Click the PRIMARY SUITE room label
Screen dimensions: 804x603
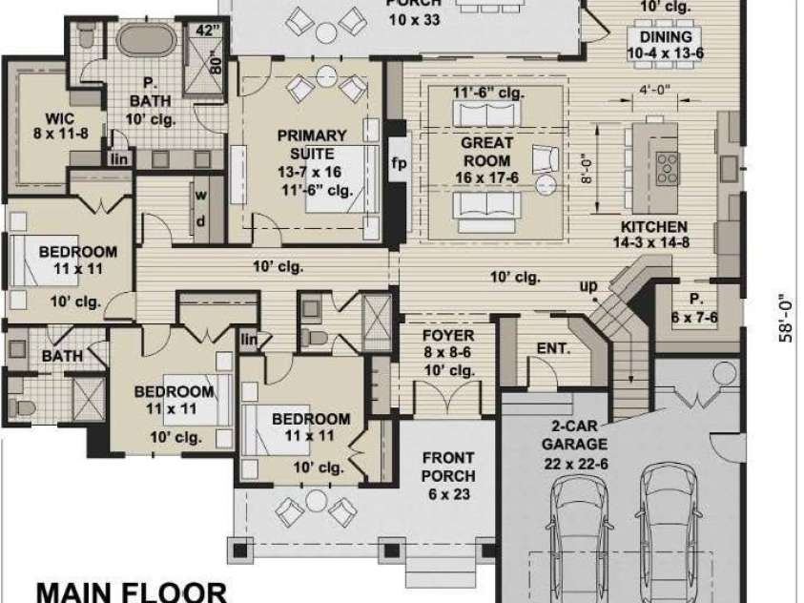(x=312, y=145)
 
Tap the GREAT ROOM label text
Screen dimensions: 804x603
(x=486, y=152)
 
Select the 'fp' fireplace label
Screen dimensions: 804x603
(x=399, y=164)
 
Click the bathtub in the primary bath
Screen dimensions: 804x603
(x=147, y=39)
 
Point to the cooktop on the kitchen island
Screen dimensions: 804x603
(x=668, y=168)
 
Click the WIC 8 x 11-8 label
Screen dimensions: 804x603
(x=60, y=126)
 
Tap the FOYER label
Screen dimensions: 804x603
(x=448, y=336)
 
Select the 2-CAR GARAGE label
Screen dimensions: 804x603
(x=574, y=435)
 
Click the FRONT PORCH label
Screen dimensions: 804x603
(x=448, y=467)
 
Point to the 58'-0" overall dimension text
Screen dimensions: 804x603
(x=786, y=318)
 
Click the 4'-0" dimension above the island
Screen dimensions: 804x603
(x=655, y=90)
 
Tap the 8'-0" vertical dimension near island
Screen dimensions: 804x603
(x=588, y=170)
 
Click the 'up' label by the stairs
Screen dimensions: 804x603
(x=588, y=286)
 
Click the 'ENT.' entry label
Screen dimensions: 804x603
(x=554, y=348)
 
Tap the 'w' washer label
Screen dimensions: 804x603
(x=201, y=195)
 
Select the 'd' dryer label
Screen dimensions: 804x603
(x=201, y=221)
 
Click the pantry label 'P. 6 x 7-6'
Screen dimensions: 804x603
(x=694, y=309)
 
